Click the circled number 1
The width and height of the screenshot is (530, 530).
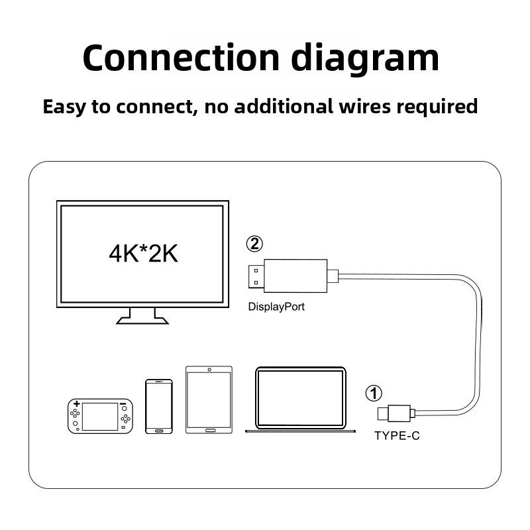pos(374,394)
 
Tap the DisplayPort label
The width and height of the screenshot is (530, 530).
pos(276,307)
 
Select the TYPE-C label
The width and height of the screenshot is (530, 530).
pos(397,436)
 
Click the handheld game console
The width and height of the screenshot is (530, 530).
pos(98,416)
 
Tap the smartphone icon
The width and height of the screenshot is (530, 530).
pos(158,407)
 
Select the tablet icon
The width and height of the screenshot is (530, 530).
pos(209,399)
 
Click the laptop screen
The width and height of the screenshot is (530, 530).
pos(300,398)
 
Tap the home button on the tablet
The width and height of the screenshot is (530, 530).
pos(209,430)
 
